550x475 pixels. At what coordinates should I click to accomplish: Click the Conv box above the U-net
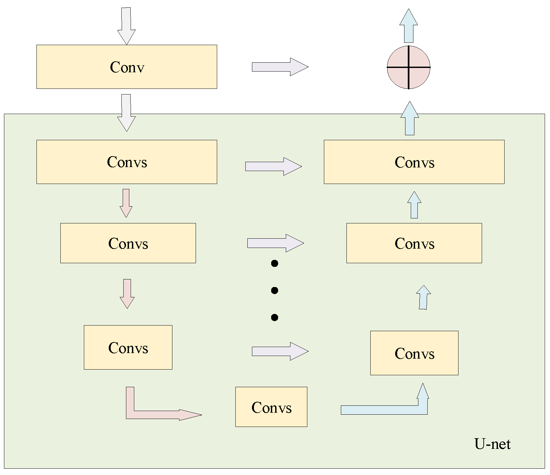[127, 67]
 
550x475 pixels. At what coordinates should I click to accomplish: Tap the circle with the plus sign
[408, 67]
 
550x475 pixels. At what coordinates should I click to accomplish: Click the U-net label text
[492, 444]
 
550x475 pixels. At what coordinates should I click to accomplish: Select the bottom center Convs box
[271, 407]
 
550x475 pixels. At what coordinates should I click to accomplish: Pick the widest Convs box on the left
[127, 162]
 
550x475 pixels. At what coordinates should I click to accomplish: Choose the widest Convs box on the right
[414, 162]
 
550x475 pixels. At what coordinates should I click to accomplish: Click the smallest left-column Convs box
[128, 347]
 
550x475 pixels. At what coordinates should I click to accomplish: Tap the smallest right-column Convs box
[414, 353]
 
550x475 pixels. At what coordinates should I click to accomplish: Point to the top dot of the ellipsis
[275, 264]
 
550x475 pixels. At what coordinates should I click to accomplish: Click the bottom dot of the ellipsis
[275, 318]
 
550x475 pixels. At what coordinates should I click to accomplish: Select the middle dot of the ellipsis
[275, 291]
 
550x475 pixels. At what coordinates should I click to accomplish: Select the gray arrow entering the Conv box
[126, 25]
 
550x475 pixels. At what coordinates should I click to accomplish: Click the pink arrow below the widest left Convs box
[126, 203]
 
